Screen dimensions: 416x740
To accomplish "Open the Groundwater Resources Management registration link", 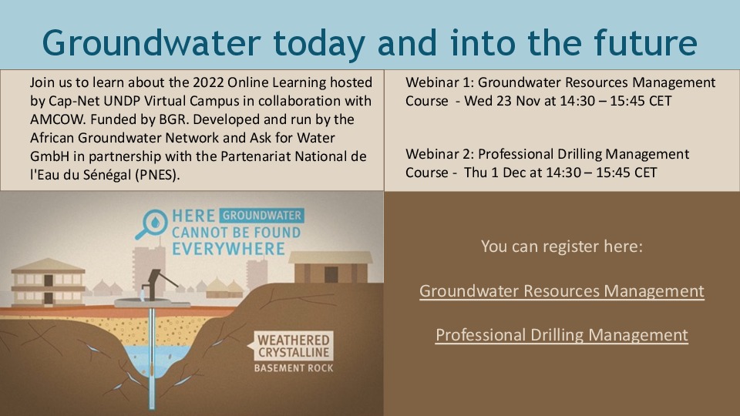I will click(x=561, y=291).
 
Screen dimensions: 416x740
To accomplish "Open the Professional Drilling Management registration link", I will click(x=561, y=335).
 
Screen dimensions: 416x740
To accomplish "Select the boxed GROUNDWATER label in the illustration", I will click(x=262, y=216).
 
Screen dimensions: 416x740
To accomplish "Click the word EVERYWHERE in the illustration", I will click(x=228, y=249).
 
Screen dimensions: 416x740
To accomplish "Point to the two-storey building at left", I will click(x=48, y=281).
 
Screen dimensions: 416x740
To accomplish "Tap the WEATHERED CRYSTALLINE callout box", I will click(x=294, y=346).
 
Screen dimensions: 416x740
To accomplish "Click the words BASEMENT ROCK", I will click(x=294, y=367).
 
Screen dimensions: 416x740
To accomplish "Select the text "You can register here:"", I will click(x=561, y=247).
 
